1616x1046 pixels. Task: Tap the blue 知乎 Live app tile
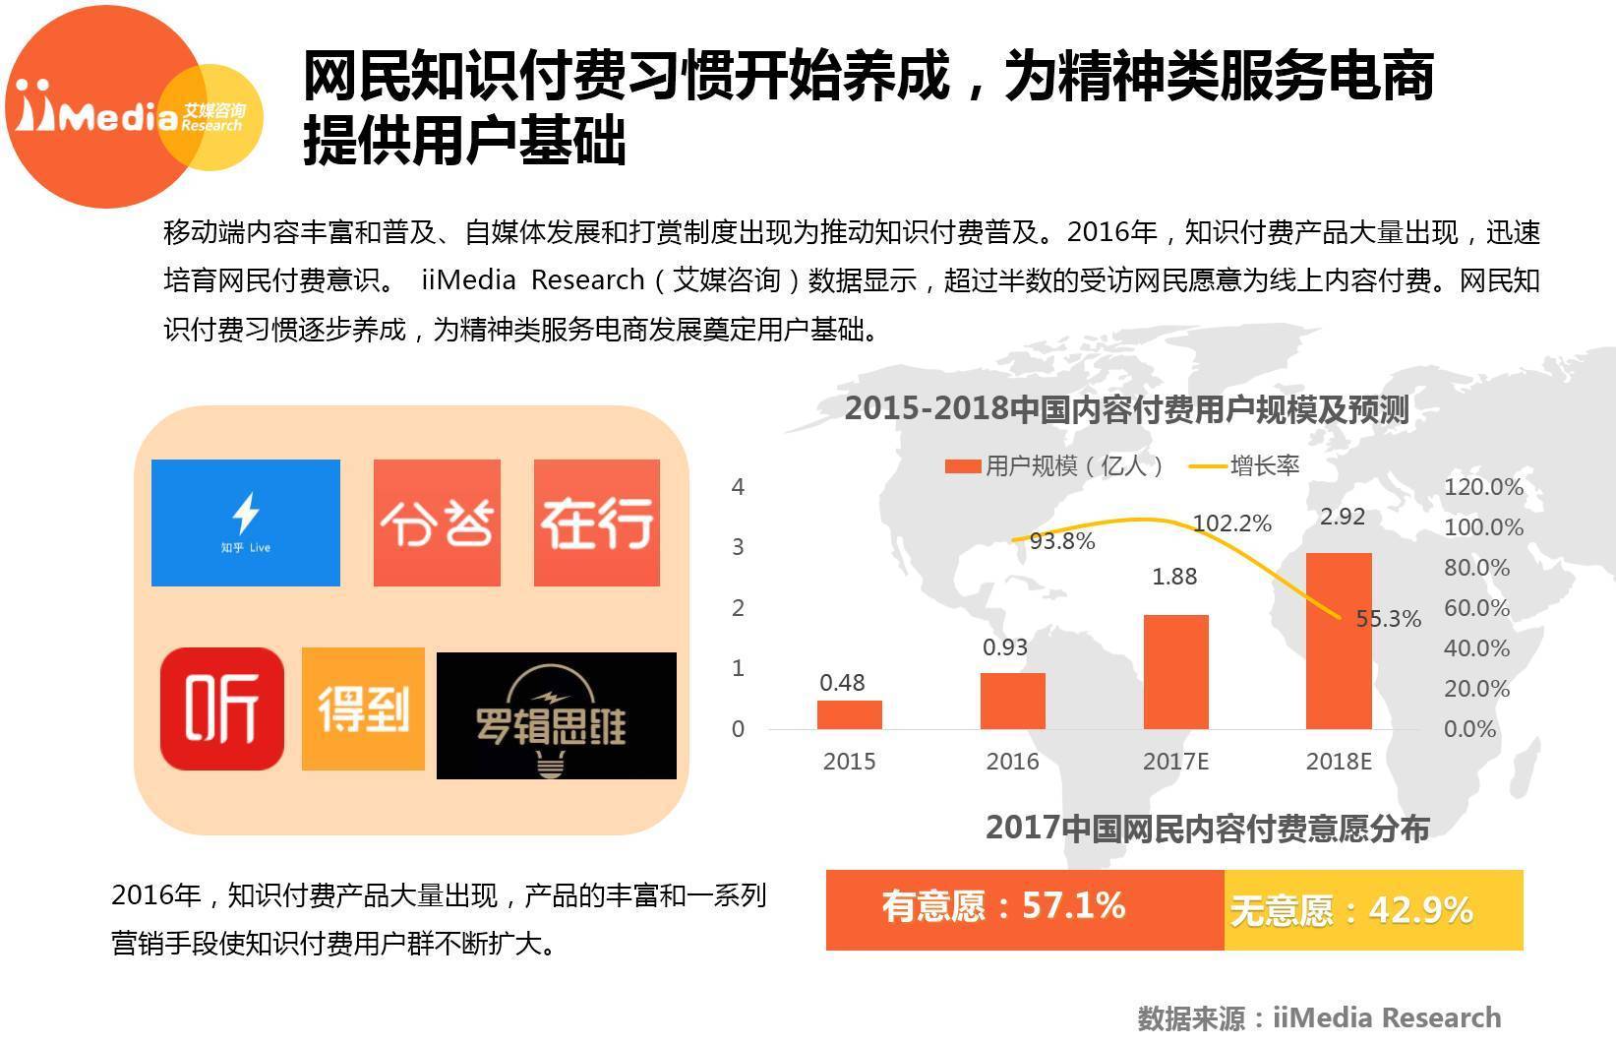(x=246, y=523)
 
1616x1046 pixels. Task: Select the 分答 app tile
(x=437, y=523)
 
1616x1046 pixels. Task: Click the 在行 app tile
(x=596, y=523)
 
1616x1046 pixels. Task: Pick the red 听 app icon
(x=222, y=708)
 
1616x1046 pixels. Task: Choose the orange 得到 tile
(x=363, y=708)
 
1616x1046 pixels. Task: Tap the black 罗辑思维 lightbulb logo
(x=556, y=715)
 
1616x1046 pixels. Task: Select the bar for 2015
(x=849, y=714)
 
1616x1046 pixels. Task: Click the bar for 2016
(x=1012, y=701)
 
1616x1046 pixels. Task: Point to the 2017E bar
(x=1175, y=672)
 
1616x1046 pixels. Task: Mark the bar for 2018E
(x=1338, y=641)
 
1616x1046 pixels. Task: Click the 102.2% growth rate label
(x=1231, y=523)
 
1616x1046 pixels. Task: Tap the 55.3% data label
(x=1388, y=619)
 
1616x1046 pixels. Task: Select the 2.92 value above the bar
(x=1342, y=517)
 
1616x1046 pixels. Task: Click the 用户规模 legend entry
(x=1055, y=465)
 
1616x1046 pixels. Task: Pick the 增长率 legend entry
(x=1246, y=465)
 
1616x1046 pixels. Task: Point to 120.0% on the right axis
(x=1482, y=487)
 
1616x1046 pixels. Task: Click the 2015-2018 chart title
(x=1126, y=409)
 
